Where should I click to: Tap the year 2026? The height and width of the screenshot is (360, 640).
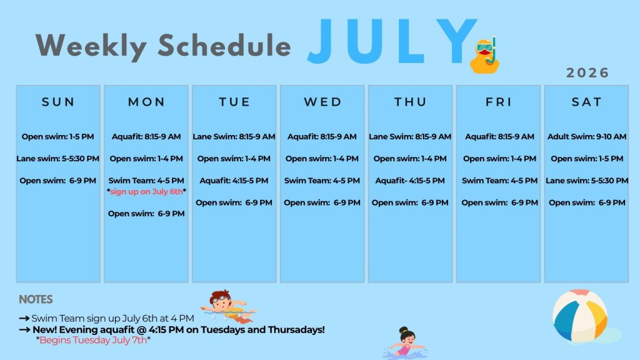[x=587, y=72]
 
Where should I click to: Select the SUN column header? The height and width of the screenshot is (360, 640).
[x=58, y=102]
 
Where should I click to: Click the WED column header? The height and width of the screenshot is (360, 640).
[x=322, y=102]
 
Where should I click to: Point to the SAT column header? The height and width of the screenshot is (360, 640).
[x=586, y=102]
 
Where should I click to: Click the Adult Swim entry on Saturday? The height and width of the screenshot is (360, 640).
[x=586, y=137]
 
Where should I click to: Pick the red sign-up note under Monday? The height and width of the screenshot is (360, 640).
[x=146, y=191]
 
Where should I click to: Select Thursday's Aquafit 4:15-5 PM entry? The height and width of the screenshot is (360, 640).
[x=410, y=181]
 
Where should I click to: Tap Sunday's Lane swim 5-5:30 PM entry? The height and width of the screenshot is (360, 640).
[x=58, y=158]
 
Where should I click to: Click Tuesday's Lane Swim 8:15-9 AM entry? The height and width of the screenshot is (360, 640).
[x=234, y=137]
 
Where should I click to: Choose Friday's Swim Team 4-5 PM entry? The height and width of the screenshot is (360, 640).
[x=499, y=181]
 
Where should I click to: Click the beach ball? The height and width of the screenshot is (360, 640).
[x=580, y=316]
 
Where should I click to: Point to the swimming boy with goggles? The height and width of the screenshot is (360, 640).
[x=227, y=306]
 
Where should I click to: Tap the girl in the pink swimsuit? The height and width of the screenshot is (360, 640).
[x=405, y=343]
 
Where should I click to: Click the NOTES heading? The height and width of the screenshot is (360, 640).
[x=36, y=299]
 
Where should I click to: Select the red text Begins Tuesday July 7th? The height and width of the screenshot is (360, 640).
[x=93, y=340]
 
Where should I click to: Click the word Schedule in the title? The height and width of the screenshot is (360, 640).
[x=224, y=45]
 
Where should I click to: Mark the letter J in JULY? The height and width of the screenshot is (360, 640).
[x=321, y=41]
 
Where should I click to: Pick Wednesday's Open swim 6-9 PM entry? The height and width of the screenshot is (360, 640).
[x=322, y=202]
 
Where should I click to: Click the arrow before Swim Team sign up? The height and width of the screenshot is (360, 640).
[x=24, y=318]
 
